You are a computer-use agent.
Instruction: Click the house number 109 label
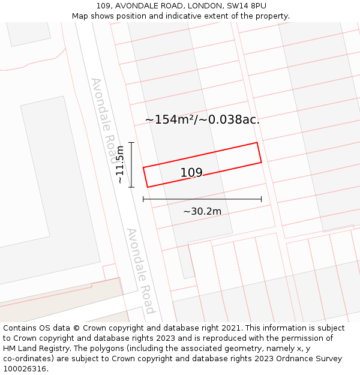(191, 173)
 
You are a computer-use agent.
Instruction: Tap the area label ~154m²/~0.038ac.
(202, 119)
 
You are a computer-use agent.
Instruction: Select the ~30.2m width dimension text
(202, 211)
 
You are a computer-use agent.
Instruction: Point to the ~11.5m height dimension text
(120, 164)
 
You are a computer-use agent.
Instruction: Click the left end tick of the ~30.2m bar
(143, 199)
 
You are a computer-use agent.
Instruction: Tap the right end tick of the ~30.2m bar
(262, 199)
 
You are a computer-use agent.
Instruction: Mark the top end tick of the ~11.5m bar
(131, 142)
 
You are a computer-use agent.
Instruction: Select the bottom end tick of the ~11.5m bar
(131, 187)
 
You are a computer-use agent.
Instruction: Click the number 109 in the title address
(103, 6)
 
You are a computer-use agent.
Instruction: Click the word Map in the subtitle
(80, 16)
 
